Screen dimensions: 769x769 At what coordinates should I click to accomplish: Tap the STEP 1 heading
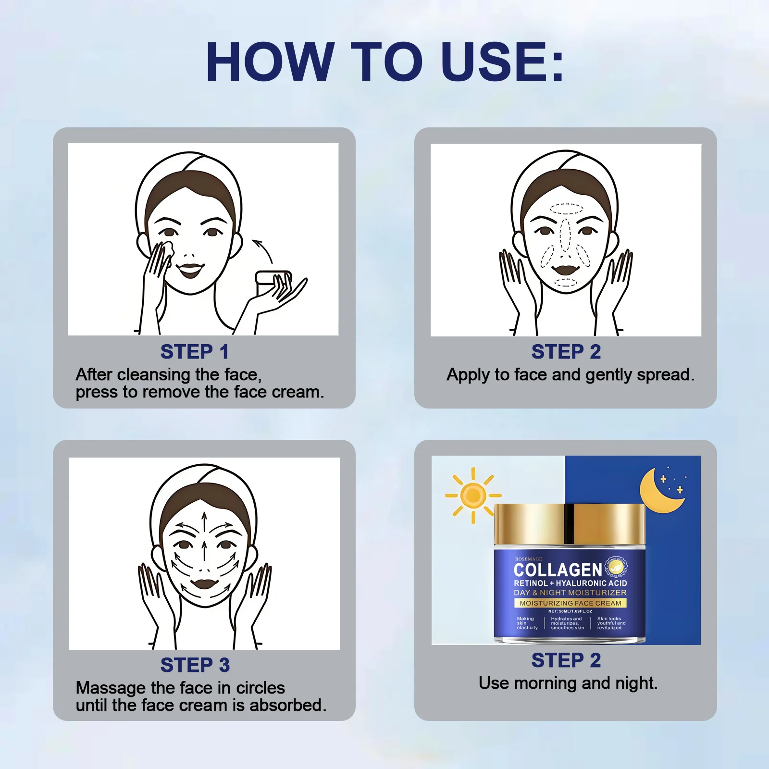[195, 352]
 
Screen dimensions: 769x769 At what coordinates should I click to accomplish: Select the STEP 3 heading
[195, 665]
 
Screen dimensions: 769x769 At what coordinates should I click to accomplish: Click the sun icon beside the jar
[473, 495]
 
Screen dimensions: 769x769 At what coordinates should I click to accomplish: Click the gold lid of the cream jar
[570, 524]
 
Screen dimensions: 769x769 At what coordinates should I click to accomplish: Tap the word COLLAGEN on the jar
[558, 570]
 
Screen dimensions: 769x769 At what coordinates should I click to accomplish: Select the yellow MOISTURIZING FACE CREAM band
[571, 603]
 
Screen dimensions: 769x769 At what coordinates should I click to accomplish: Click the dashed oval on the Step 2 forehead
[566, 209]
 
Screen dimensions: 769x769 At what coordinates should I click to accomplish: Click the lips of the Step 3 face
[204, 584]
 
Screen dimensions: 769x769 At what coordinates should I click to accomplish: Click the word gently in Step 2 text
[609, 375]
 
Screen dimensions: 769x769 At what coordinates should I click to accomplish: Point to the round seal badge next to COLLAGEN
[616, 568]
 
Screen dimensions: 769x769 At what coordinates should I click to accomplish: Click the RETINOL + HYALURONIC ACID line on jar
[571, 583]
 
